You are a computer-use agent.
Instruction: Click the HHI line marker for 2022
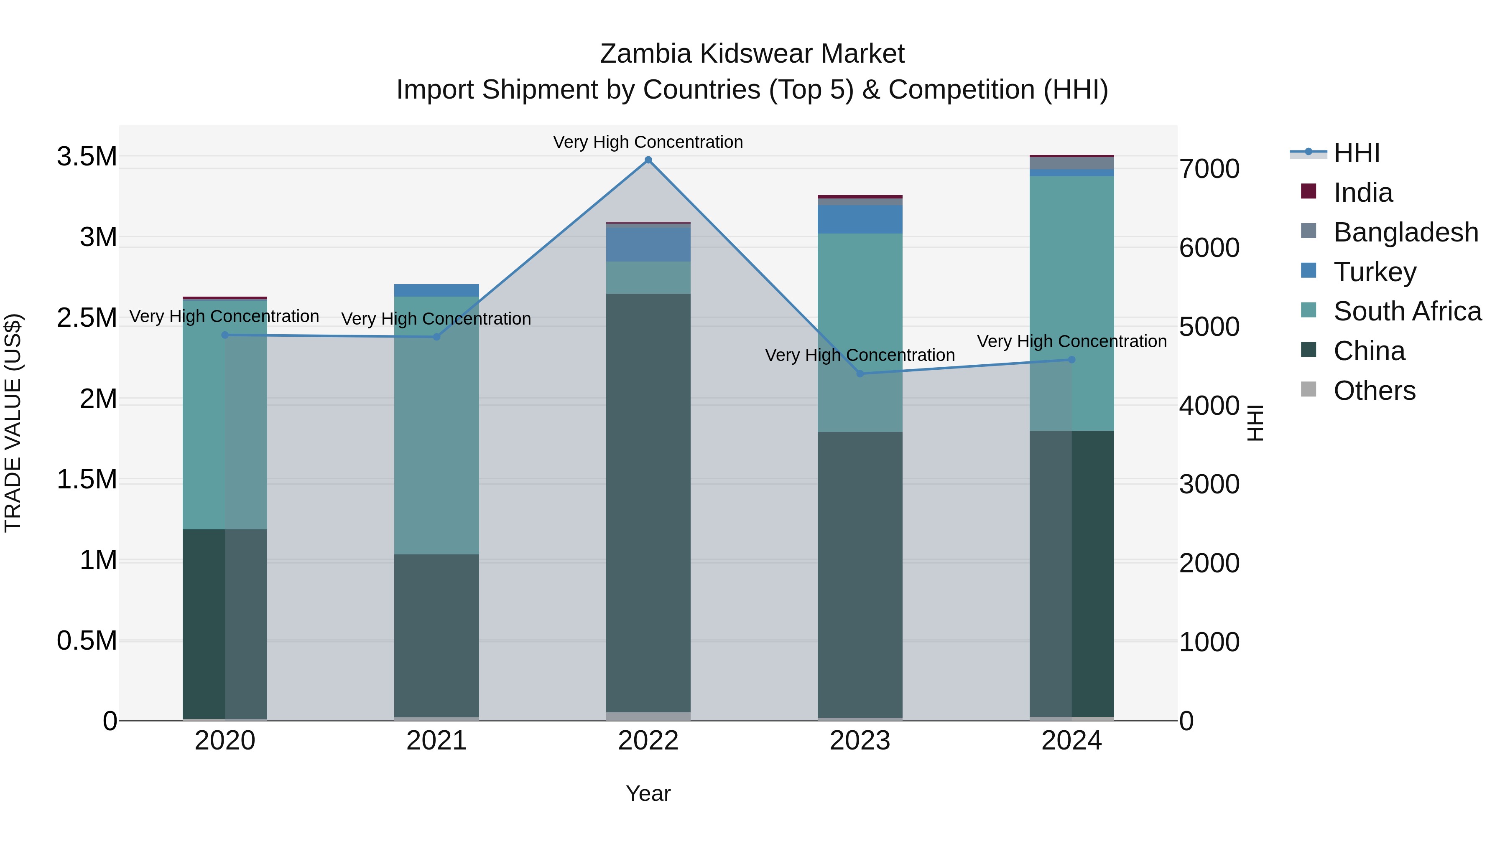(648, 160)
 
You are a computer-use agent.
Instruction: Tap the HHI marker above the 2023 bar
(860, 373)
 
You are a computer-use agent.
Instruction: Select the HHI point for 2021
(436, 337)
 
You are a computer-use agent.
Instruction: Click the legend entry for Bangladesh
(1406, 232)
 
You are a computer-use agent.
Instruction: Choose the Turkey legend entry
(1375, 272)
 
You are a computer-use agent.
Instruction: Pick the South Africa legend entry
(1407, 311)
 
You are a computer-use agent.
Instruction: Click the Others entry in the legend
(1374, 391)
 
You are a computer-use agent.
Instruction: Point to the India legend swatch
(1309, 191)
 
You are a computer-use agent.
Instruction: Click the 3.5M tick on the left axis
(87, 157)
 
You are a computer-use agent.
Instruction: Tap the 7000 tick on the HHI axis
(1209, 169)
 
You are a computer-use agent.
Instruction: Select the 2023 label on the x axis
(860, 741)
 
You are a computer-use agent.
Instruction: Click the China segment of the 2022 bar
(648, 502)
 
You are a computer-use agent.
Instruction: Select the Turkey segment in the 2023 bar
(860, 219)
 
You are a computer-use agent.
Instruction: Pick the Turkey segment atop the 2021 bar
(436, 290)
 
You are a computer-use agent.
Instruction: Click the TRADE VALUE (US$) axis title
(13, 423)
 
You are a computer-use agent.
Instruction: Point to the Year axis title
(648, 793)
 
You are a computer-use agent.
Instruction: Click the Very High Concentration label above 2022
(648, 142)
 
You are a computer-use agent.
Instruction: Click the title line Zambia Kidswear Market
(752, 54)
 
